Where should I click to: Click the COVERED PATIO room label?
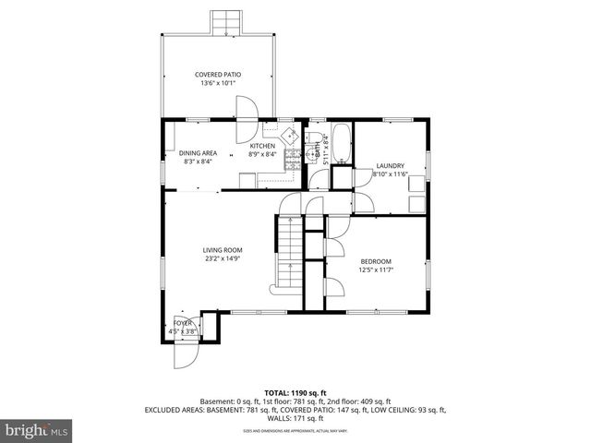218,75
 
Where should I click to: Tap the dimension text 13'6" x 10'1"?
218,84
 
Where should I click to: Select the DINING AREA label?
197,153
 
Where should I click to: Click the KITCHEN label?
263,146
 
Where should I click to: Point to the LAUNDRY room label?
390,165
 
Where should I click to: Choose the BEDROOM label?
376,260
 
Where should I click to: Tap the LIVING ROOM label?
223,250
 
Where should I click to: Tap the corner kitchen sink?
292,135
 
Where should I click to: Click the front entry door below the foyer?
183,352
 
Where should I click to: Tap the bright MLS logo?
36,430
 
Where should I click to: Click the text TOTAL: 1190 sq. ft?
295,391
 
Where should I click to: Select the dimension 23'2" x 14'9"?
223,259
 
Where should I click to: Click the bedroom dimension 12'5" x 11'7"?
376,269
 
